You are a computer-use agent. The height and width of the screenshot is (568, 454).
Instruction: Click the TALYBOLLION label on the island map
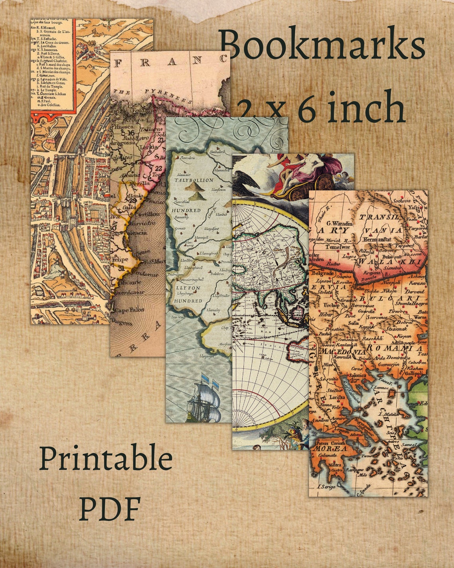tap(194, 180)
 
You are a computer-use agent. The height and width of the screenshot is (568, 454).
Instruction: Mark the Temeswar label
tap(337, 247)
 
